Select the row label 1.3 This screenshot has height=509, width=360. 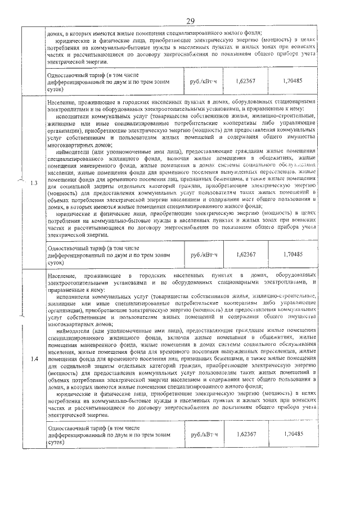(x=35, y=182)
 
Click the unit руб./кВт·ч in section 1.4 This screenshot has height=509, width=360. (x=204, y=434)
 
